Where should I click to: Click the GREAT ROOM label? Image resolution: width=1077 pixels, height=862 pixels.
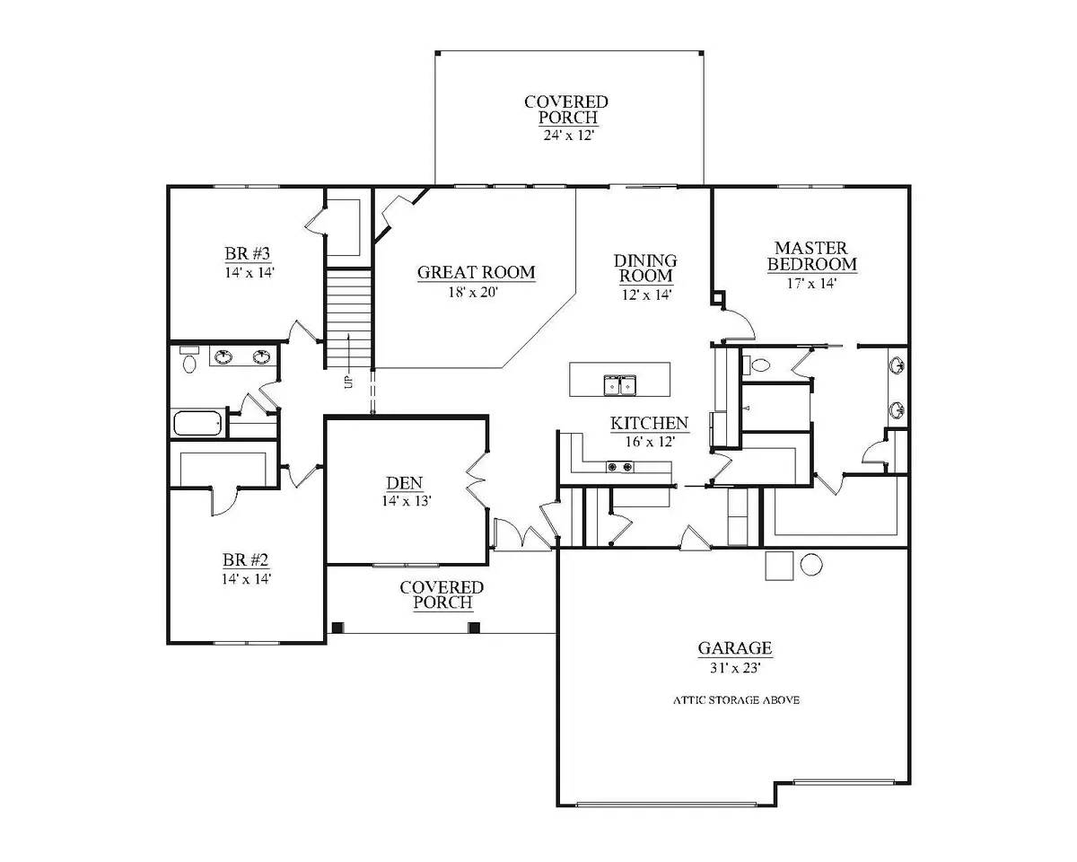click(x=476, y=272)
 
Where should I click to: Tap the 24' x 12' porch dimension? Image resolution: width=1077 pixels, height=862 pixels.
click(x=568, y=136)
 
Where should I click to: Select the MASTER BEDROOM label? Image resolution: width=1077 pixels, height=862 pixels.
click(x=811, y=256)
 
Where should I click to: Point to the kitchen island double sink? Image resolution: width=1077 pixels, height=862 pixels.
click(x=619, y=385)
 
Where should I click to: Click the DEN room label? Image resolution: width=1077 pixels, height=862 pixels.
click(x=405, y=483)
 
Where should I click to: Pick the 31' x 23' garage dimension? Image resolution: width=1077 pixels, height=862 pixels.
click(x=735, y=668)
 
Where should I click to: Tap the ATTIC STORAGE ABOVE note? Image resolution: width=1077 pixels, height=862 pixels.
click(x=736, y=700)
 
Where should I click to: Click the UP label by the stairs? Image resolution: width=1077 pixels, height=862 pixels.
click(x=349, y=383)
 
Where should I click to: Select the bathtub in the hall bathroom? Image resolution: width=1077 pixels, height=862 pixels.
click(x=197, y=423)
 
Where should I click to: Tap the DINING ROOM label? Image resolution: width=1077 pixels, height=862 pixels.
click(x=645, y=268)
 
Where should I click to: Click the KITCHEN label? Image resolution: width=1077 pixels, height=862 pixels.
click(x=649, y=423)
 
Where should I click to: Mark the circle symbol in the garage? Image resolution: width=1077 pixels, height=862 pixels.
click(x=811, y=565)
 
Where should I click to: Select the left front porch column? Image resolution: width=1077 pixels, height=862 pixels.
click(x=338, y=628)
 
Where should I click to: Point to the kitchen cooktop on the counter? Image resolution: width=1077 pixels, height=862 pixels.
click(x=620, y=467)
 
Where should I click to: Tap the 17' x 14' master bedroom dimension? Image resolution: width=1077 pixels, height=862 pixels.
click(x=811, y=283)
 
